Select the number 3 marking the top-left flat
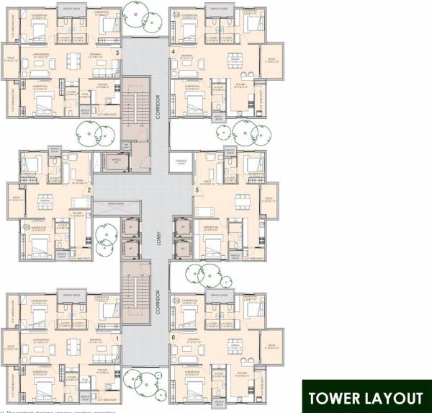click(118, 52)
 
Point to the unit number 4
click(173, 52)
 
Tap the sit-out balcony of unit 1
click(9, 350)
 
